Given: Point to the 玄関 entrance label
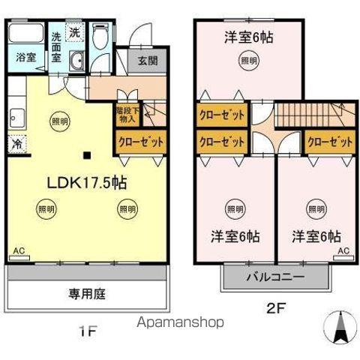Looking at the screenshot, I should (147, 62).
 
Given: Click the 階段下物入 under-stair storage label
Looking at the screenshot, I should (126, 114).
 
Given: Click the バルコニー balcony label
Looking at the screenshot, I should (275, 277).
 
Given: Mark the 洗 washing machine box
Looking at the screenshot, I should (75, 32).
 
